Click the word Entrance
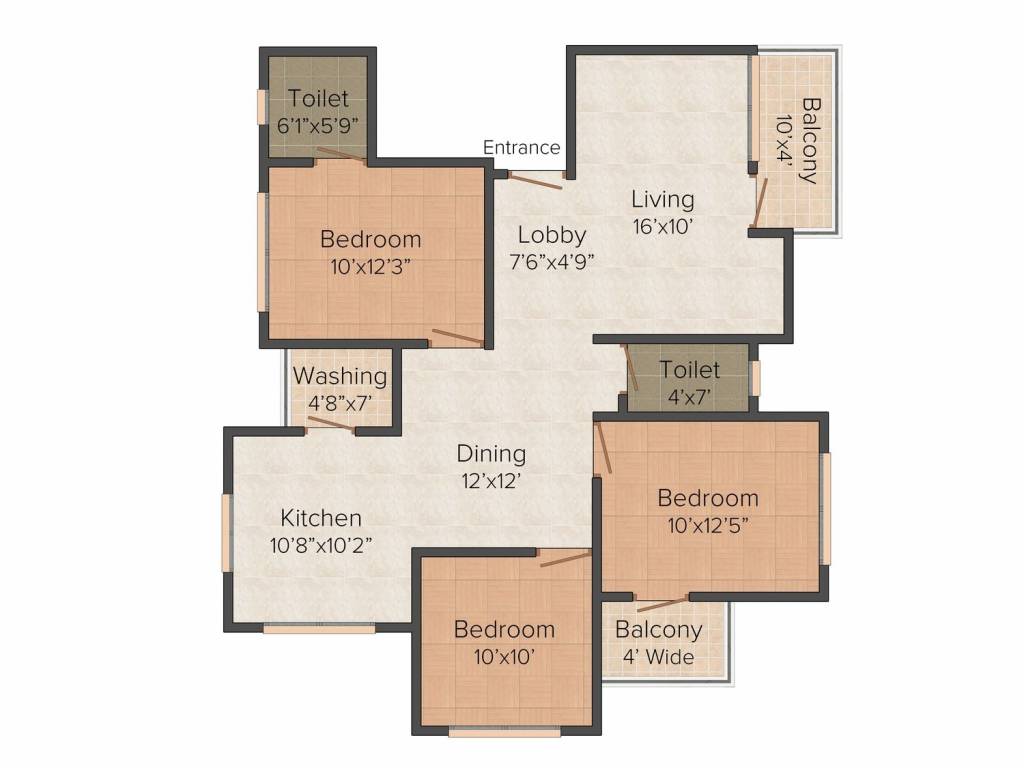(x=521, y=148)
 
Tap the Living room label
(x=662, y=199)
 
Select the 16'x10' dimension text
(x=662, y=226)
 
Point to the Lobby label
(x=551, y=236)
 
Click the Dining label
(x=492, y=454)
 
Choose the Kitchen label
(x=320, y=518)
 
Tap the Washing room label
(x=340, y=377)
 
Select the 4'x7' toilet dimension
(x=689, y=397)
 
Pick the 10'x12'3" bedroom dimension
(x=370, y=267)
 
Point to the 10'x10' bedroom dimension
(x=504, y=656)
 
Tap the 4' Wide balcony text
(x=658, y=657)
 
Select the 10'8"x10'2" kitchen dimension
(x=320, y=546)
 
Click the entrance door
(x=537, y=178)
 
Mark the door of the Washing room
(x=329, y=424)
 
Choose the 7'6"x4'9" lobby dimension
(x=551, y=264)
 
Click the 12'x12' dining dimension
(x=492, y=480)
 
